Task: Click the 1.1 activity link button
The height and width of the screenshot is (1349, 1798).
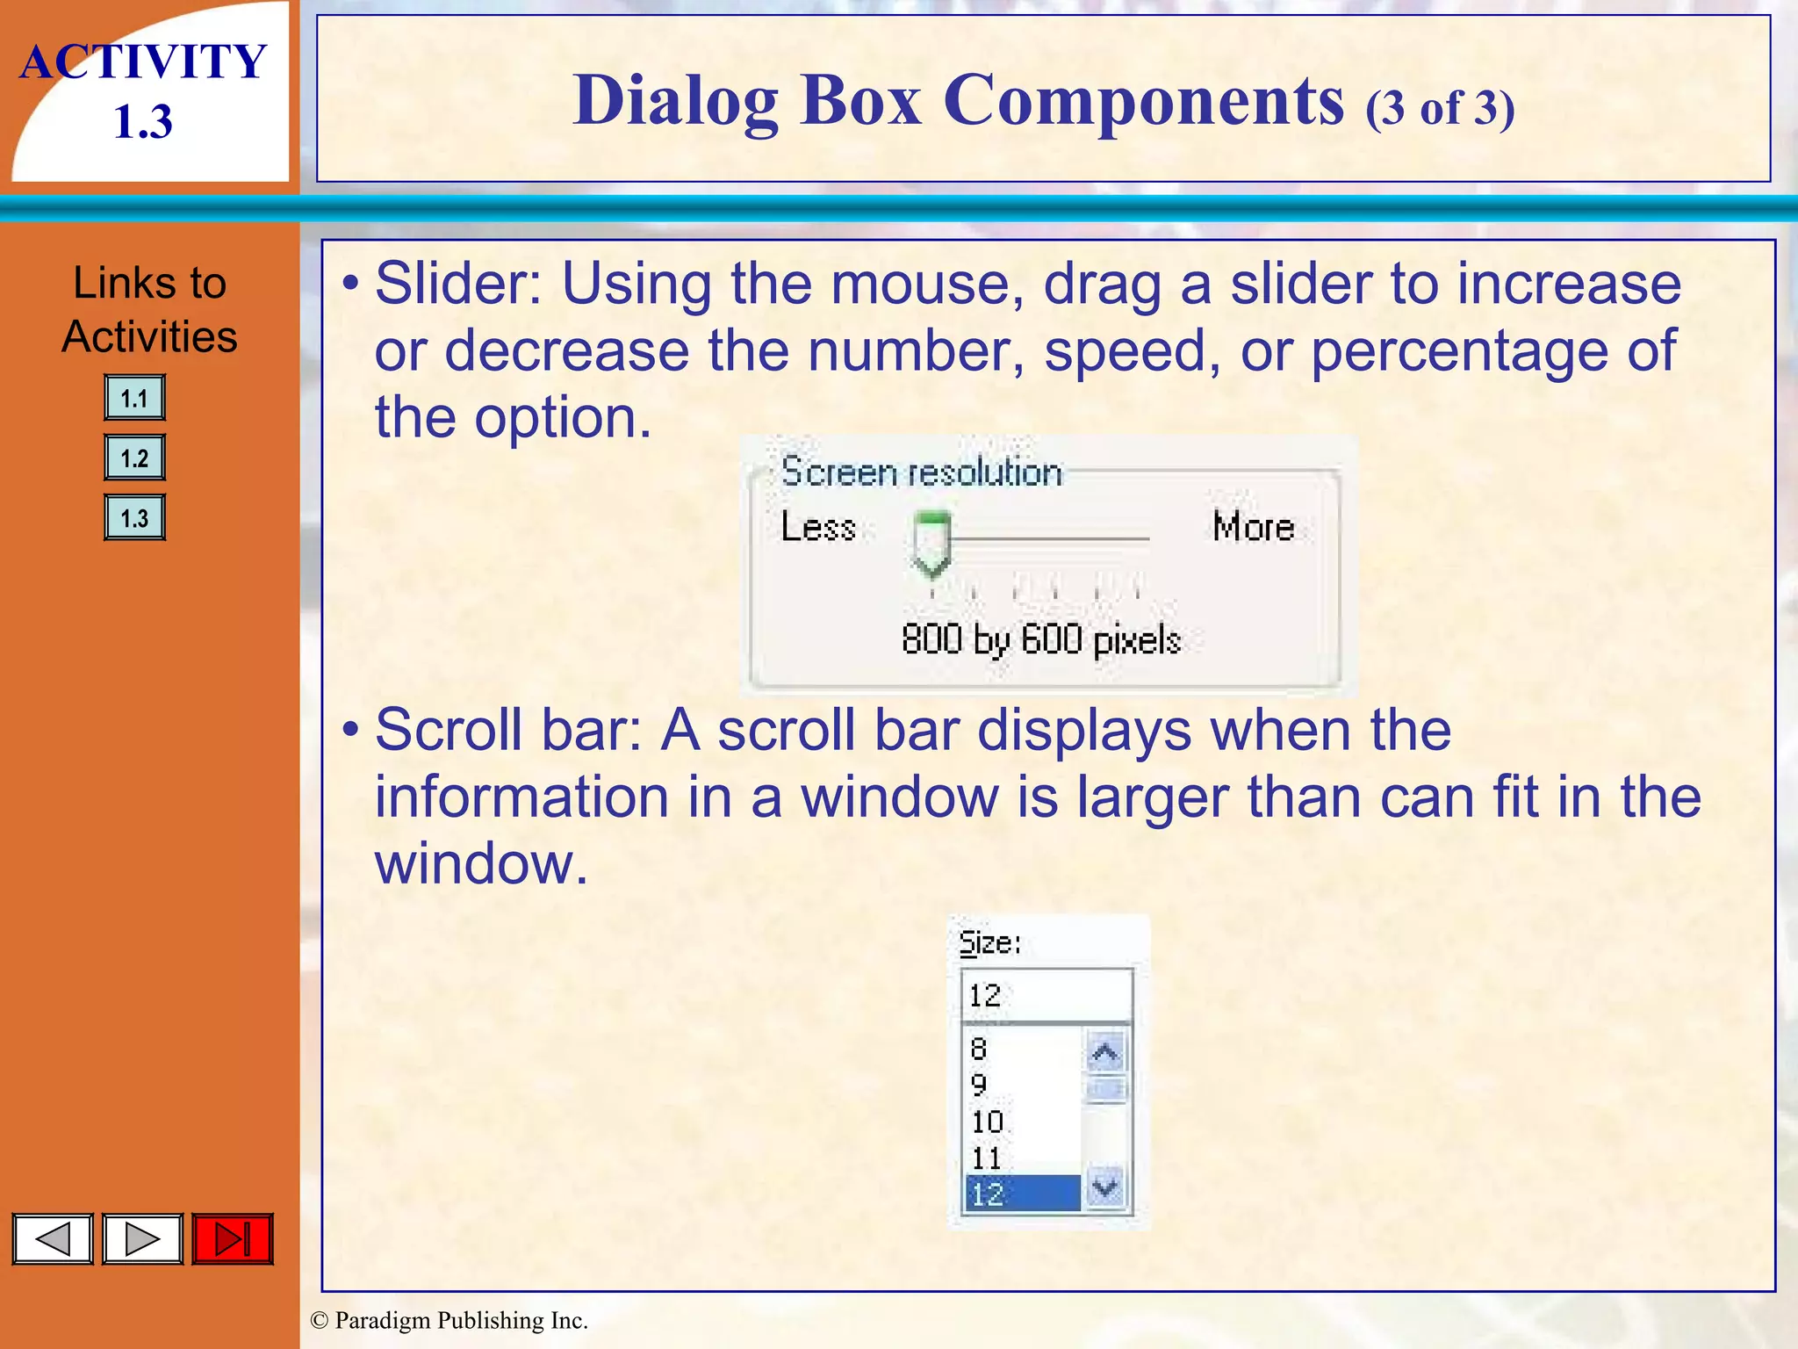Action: (x=134, y=398)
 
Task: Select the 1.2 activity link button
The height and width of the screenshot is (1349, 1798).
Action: (x=134, y=458)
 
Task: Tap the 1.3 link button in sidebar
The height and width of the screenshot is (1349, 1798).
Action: (x=134, y=517)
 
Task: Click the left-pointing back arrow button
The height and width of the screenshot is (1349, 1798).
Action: (x=53, y=1239)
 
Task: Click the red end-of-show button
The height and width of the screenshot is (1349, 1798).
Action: (x=233, y=1239)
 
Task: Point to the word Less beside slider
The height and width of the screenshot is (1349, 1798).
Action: (x=818, y=527)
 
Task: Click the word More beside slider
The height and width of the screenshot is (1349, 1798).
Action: (x=1253, y=527)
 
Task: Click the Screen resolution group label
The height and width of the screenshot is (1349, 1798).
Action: (x=921, y=473)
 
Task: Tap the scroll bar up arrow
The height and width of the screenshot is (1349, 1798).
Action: (x=1105, y=1052)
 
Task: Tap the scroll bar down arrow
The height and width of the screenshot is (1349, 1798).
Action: (x=1105, y=1188)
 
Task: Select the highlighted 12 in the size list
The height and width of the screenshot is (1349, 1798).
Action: (x=1022, y=1194)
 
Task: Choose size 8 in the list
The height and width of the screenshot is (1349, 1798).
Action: (x=979, y=1049)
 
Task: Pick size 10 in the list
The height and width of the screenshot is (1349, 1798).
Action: (x=988, y=1122)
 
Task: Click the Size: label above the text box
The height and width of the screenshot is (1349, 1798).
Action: (x=989, y=943)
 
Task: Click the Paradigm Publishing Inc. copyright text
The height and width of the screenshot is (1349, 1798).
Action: (x=449, y=1320)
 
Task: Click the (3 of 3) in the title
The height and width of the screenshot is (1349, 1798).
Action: (x=1440, y=109)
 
